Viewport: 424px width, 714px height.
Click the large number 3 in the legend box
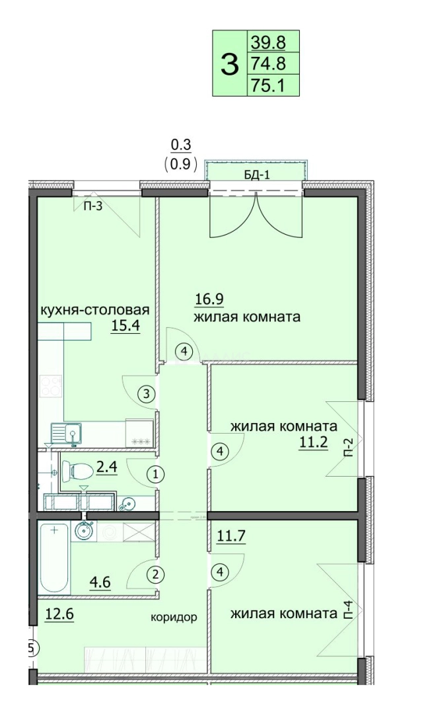[x=229, y=64]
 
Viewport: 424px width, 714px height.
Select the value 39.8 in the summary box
[x=268, y=42]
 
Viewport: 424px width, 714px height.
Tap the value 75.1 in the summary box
[x=268, y=85]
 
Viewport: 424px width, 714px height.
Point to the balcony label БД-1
[x=256, y=175]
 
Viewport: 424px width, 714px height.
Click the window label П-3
[x=93, y=207]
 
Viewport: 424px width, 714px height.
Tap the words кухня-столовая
[x=95, y=310]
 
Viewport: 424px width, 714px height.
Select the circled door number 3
[x=146, y=394]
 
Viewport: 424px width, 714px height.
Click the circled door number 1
[x=156, y=475]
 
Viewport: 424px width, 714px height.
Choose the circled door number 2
[x=156, y=575]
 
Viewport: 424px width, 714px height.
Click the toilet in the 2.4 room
[x=77, y=469]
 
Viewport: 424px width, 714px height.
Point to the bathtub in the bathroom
[x=54, y=558]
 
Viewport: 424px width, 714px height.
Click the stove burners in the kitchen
[x=51, y=386]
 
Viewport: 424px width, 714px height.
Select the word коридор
[x=174, y=617]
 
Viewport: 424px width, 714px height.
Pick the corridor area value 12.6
[x=59, y=614]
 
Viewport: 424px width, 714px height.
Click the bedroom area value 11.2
[x=314, y=442]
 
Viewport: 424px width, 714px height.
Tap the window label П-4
[x=348, y=610]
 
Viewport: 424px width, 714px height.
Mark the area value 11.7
[x=231, y=536]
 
